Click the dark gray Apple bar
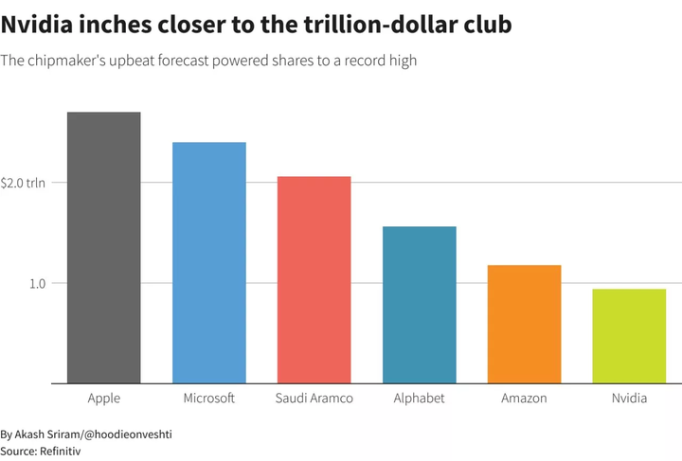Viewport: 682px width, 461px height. (x=104, y=248)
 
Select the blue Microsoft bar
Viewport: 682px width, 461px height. (x=209, y=263)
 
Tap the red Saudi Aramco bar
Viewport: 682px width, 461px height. (x=314, y=280)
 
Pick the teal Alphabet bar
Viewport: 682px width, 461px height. (x=420, y=305)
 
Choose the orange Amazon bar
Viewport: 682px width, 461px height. (x=524, y=324)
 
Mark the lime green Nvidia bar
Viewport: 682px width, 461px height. (x=629, y=336)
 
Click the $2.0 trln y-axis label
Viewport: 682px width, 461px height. (x=23, y=183)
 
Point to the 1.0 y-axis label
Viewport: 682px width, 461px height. (x=37, y=284)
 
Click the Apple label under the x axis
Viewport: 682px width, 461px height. (x=104, y=399)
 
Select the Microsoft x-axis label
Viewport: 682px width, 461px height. (x=208, y=398)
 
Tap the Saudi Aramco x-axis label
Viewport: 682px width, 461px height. (x=314, y=398)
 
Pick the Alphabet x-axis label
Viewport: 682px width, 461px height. (x=420, y=399)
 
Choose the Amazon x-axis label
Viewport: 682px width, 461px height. (x=524, y=398)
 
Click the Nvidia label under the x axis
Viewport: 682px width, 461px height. (x=629, y=398)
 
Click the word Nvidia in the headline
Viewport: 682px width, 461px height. (x=37, y=25)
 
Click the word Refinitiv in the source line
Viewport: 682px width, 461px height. (x=60, y=452)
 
